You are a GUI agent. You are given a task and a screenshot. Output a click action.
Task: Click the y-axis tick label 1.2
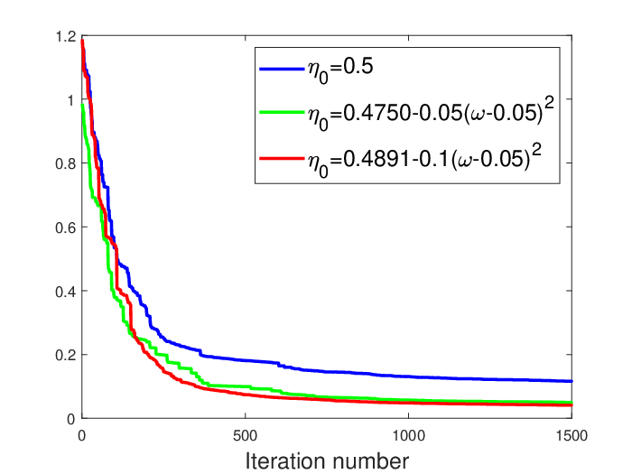coord(66,37)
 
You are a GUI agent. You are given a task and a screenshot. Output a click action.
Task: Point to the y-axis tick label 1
coord(71,100)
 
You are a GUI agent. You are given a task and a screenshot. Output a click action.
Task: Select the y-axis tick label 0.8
coord(66,164)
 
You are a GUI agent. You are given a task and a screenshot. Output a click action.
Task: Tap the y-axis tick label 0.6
coord(66,228)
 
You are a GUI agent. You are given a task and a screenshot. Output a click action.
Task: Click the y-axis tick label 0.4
coord(66,292)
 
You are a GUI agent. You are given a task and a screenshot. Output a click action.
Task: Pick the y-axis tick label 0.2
coord(66,355)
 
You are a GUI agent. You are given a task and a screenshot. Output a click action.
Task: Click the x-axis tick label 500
coord(245,436)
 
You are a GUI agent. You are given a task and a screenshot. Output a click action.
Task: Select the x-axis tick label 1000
coord(409,436)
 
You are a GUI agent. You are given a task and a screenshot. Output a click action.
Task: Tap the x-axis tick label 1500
coord(572,436)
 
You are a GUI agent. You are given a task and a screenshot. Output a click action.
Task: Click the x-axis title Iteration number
coord(327,461)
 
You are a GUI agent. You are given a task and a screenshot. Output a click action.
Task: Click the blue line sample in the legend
coord(282,70)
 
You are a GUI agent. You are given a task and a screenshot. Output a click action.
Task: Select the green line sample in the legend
coord(282,113)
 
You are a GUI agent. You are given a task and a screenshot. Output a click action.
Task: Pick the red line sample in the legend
coord(282,159)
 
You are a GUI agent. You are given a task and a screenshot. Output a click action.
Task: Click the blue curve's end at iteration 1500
coord(572,381)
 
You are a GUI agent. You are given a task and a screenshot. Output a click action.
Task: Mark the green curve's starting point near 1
coord(83,105)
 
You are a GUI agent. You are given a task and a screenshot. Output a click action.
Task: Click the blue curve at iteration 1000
coord(409,376)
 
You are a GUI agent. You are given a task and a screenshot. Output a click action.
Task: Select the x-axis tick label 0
coord(82,436)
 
